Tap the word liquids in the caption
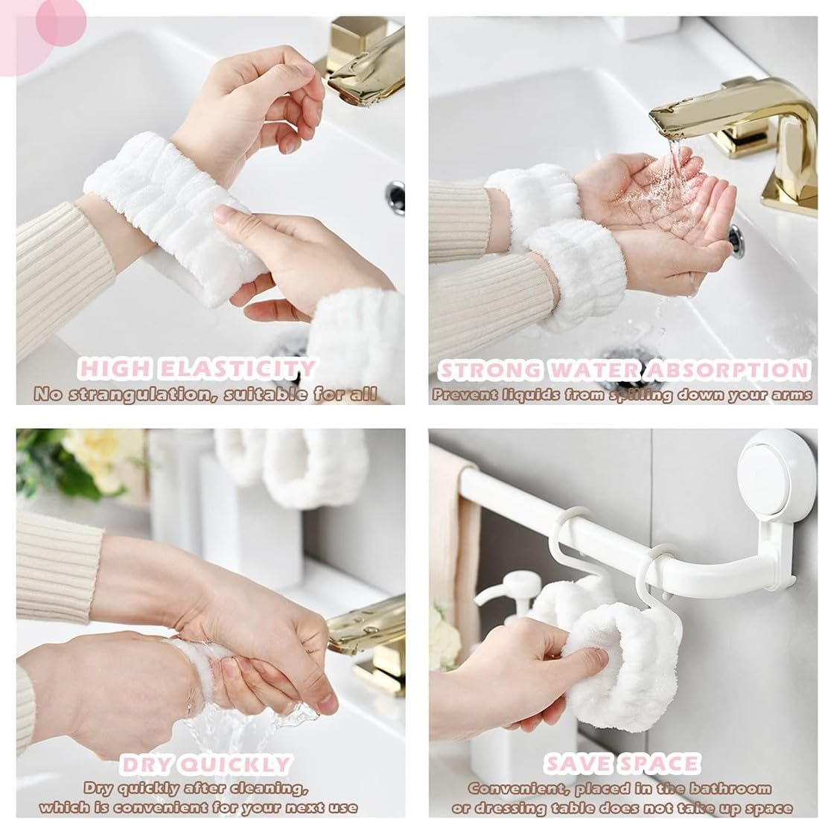[539, 394]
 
